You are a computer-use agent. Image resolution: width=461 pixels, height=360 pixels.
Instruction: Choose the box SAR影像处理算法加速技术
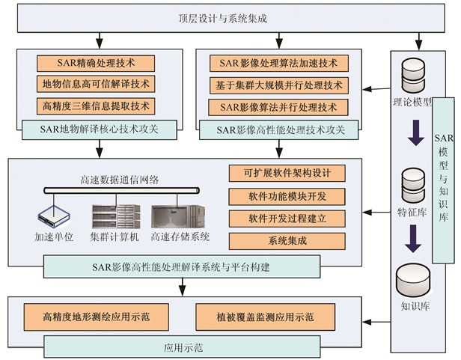tap(278, 63)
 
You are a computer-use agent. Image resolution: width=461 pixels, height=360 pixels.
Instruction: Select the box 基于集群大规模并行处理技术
tap(278, 85)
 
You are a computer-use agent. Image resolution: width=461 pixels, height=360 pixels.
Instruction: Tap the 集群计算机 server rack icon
tap(115, 216)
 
